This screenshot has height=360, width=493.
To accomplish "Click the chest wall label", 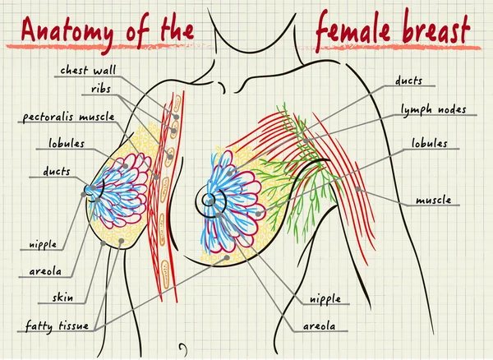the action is click(89, 70).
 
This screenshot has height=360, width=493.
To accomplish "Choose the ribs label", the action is click(101, 90).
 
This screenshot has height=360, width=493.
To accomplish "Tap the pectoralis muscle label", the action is click(68, 117).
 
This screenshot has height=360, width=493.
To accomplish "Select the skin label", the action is click(63, 297).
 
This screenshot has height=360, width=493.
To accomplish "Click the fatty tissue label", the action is click(57, 325).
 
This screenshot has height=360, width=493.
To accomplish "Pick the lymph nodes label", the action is click(434, 110).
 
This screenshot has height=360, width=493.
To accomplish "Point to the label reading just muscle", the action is click(434, 200).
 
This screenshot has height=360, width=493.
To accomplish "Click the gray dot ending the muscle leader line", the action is click(358, 189).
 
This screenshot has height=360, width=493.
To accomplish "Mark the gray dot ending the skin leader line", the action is click(103, 242).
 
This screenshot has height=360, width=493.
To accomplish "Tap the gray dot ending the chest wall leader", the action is click(177, 117).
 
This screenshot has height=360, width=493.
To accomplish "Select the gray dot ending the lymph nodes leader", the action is click(306, 141).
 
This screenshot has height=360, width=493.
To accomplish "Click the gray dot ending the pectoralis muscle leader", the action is click(156, 177).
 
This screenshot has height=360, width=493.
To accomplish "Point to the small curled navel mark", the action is click(183, 348).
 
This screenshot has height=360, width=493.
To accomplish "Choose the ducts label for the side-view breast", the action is click(57, 172).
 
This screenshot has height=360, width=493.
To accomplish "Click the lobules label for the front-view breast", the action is click(430, 143).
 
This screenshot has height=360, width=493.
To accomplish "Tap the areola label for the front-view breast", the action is click(319, 326).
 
